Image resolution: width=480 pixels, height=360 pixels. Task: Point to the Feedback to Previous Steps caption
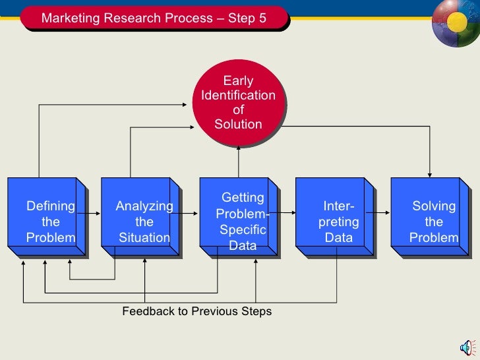click(196, 311)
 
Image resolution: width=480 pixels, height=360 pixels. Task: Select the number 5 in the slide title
click(262, 18)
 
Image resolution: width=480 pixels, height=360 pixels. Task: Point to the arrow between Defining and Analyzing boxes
click(94, 213)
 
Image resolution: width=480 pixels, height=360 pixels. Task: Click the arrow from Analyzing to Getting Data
click(190, 213)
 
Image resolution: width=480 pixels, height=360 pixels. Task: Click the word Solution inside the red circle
click(238, 124)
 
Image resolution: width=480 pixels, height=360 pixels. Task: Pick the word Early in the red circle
click(238, 81)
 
